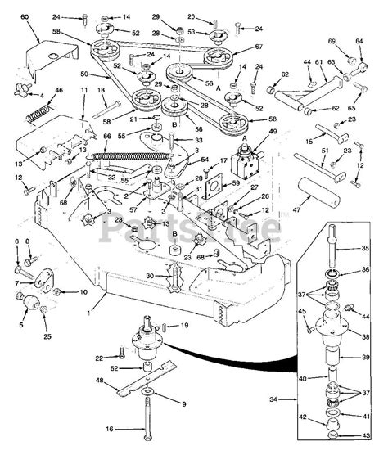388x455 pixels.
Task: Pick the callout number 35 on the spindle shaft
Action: click(365, 247)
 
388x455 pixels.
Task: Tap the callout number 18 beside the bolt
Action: click(102, 90)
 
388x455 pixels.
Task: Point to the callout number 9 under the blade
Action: click(183, 403)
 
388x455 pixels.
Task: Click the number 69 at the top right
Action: click(331, 41)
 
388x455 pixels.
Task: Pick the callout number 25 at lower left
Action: click(46, 336)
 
